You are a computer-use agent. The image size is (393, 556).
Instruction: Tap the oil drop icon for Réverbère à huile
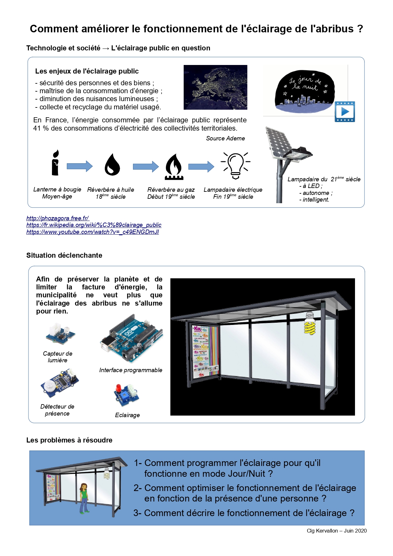click(x=112, y=165)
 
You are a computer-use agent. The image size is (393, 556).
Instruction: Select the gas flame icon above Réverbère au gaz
click(x=174, y=166)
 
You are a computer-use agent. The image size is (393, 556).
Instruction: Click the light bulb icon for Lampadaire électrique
click(x=235, y=165)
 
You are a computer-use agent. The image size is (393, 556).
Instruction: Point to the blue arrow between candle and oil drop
click(x=79, y=166)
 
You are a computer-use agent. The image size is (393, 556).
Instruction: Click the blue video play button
click(x=345, y=112)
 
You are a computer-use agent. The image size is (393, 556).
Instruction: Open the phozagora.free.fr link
click(x=58, y=218)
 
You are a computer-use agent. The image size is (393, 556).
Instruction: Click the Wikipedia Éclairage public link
click(x=94, y=225)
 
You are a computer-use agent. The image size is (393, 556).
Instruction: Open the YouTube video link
click(x=92, y=232)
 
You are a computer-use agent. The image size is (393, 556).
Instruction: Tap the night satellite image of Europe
click(x=215, y=87)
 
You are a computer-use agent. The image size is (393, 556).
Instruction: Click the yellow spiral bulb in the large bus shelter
click(x=310, y=324)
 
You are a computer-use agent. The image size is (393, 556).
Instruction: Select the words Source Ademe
click(x=225, y=138)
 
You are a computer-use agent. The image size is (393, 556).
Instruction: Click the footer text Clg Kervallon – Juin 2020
click(x=336, y=531)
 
